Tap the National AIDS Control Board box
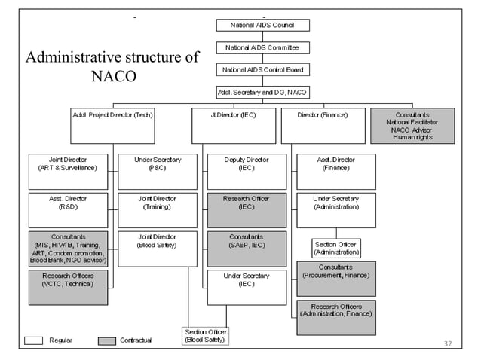[262, 69]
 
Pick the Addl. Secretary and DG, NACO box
[262, 92]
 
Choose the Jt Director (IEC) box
[234, 126]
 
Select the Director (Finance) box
[323, 126]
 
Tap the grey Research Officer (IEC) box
[247, 210]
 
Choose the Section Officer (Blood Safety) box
[205, 336]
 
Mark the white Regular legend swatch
[34, 340]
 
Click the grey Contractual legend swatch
[106, 340]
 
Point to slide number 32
[447, 344]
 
